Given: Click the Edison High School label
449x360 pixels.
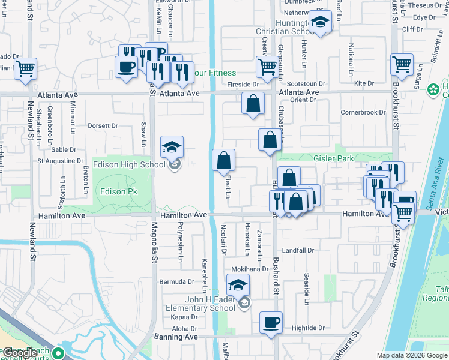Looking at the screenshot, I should (x=136, y=165).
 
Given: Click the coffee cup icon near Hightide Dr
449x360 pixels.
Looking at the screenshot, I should (x=271, y=322).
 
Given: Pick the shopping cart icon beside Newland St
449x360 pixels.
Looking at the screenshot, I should (x=25, y=68).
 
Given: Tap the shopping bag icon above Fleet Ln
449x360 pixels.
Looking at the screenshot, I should (x=224, y=160).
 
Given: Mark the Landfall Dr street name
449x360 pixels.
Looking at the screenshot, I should (x=298, y=250).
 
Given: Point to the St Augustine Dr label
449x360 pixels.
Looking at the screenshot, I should (x=61, y=161).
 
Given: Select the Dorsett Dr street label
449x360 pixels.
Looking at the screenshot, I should (x=103, y=126).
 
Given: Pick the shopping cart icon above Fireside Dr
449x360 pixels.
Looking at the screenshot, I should (x=267, y=67).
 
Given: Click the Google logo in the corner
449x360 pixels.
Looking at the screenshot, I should (x=20, y=353).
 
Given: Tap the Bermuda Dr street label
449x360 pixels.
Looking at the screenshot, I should (x=176, y=281).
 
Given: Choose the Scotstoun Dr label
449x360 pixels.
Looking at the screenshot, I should (x=306, y=84).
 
